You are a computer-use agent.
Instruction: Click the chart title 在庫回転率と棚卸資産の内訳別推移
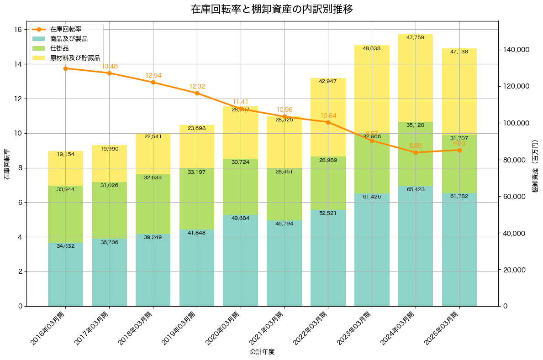tap(272, 10)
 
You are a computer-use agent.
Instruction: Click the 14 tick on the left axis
tap(18, 64)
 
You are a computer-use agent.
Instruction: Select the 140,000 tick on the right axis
tap(516, 50)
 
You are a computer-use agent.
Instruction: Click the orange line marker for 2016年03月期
tap(65, 68)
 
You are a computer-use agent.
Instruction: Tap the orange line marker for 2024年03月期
tap(415, 152)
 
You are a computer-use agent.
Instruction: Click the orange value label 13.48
tap(110, 67)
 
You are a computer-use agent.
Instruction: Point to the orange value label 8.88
tap(415, 146)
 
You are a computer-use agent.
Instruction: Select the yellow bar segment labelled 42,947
tap(328, 117)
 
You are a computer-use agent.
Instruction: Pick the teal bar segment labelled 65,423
tap(415, 246)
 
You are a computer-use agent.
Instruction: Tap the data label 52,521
tap(328, 213)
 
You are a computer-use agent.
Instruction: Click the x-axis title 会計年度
tap(262, 352)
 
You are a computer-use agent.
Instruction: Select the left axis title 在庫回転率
tap(6, 164)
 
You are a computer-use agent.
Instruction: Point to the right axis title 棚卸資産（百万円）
tap(535, 164)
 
